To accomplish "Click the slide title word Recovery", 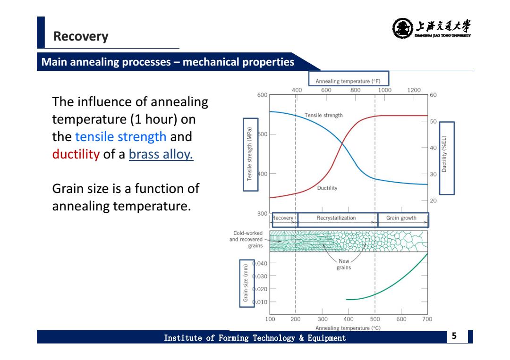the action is pyautogui.click(x=81, y=36).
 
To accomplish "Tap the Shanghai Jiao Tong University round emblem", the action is pyautogui.click(x=403, y=28).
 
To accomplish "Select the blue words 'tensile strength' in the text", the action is pyautogui.click(x=121, y=137).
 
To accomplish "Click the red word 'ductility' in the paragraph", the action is pyautogui.click(x=76, y=154).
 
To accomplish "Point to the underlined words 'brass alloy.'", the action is pyautogui.click(x=161, y=154).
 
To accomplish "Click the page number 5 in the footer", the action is pyautogui.click(x=454, y=335).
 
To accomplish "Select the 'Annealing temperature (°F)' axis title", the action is pyautogui.click(x=348, y=81).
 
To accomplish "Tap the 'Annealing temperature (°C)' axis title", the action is pyautogui.click(x=348, y=328).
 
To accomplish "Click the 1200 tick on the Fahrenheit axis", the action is pyautogui.click(x=414, y=90).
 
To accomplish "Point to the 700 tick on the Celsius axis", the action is pyautogui.click(x=427, y=319).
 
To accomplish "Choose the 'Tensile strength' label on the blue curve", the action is pyautogui.click(x=323, y=115).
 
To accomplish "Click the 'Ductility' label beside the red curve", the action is pyautogui.click(x=327, y=188).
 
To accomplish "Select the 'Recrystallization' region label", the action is pyautogui.click(x=336, y=218).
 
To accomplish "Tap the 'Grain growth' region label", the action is pyautogui.click(x=401, y=218).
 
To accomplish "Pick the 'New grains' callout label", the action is pyautogui.click(x=344, y=264).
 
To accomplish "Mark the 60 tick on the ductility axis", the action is pyautogui.click(x=433, y=95).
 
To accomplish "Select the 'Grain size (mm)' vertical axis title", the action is pyautogui.click(x=246, y=283).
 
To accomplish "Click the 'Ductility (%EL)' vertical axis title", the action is pyautogui.click(x=444, y=154).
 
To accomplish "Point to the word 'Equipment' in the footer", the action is pyautogui.click(x=327, y=338).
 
